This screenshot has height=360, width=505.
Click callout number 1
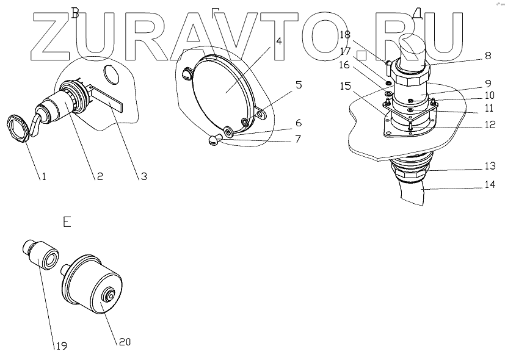coord(43,177)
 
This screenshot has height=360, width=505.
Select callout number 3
coord(144,177)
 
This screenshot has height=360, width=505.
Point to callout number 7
coord(297,140)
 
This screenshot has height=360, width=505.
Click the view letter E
coord(67,221)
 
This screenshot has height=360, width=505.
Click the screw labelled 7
coord(211,140)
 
